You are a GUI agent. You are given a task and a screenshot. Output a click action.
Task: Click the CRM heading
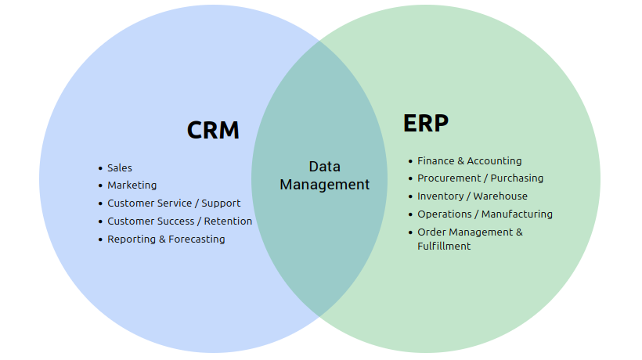pyautogui.click(x=213, y=130)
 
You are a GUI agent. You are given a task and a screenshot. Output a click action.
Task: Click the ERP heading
pyautogui.click(x=426, y=124)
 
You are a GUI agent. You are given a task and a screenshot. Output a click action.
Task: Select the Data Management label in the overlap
pyautogui.click(x=324, y=176)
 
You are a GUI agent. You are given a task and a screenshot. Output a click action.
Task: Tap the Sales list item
pyautogui.click(x=120, y=168)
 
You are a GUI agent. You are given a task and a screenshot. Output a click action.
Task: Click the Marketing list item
pyautogui.click(x=132, y=185)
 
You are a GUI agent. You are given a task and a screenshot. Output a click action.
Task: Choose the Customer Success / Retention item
pyautogui.click(x=179, y=221)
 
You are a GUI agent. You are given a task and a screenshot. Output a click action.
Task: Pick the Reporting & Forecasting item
pyautogui.click(x=166, y=239)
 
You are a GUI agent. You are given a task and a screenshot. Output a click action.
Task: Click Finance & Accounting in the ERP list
pyautogui.click(x=469, y=161)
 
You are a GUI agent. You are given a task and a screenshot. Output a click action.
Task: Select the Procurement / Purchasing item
pyautogui.click(x=480, y=178)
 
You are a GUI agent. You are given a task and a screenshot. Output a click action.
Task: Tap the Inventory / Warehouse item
pyautogui.click(x=472, y=196)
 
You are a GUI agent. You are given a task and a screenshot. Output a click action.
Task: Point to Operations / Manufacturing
pyautogui.click(x=485, y=214)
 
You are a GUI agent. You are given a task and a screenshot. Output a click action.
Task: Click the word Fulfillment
pyautogui.click(x=444, y=247)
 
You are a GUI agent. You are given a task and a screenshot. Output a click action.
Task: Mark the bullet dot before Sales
pyautogui.click(x=100, y=168)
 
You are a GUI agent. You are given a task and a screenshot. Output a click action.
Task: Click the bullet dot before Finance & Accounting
pyautogui.click(x=410, y=161)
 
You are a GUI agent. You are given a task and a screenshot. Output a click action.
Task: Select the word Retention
pyautogui.click(x=228, y=221)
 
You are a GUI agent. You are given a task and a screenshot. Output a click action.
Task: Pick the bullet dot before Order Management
pyautogui.click(x=410, y=232)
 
